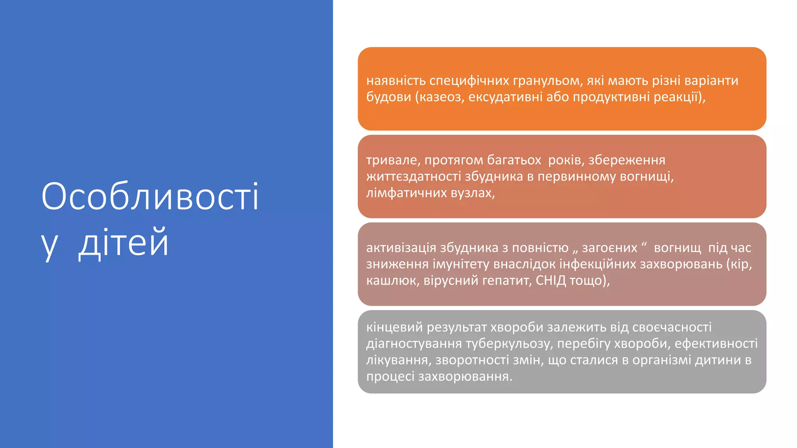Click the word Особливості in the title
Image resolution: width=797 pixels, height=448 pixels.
click(150, 196)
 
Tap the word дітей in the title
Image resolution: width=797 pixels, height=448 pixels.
click(124, 243)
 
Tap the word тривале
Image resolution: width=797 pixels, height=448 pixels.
click(393, 160)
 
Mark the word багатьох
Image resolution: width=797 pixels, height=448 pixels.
click(514, 160)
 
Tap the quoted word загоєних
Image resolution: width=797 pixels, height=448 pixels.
click(609, 248)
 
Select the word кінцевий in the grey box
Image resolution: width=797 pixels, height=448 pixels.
click(394, 327)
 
